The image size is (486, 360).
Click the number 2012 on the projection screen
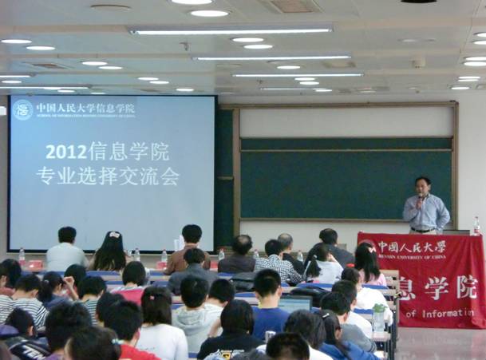pos(65,151)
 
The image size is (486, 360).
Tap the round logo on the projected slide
pos(22,109)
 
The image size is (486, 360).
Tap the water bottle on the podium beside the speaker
pos(476,226)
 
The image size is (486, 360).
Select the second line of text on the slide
pos(107,176)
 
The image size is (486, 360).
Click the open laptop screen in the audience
pos(294,303)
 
